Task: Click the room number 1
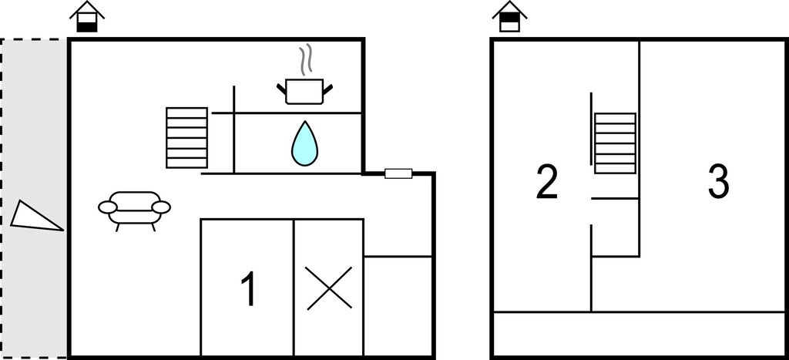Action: coord(249,288)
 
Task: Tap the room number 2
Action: coord(547,182)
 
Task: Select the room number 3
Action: coord(718,182)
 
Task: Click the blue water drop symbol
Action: coord(304,143)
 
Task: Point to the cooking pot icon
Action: coord(304,91)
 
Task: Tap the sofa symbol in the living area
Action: coord(134,210)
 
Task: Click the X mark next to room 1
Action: coord(329,288)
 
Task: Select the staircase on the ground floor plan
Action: coord(186,137)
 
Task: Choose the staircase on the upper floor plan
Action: coord(615,143)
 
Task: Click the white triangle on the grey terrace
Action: coord(35,217)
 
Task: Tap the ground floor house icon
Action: coord(87,17)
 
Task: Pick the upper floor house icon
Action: coord(510,17)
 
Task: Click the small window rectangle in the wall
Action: coord(398,173)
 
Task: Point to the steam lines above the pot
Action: coord(306,59)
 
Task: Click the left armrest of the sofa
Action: coord(108,207)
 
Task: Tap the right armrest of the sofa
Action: coord(162,207)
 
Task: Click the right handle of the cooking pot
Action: coord(327,89)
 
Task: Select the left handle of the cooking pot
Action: coord(281,89)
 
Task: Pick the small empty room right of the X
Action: coord(398,306)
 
